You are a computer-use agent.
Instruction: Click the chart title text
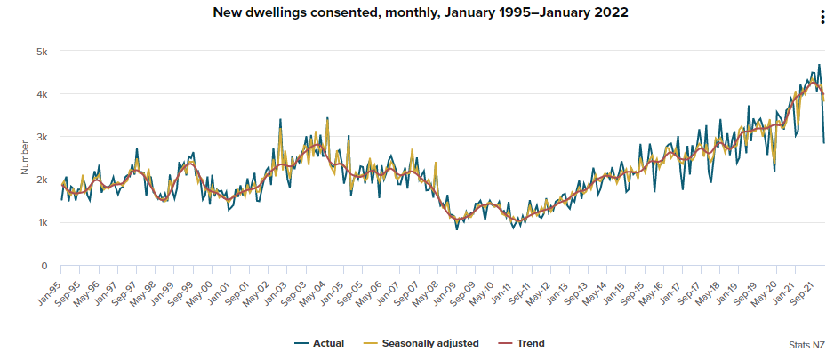point(417,13)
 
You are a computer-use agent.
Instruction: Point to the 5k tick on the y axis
point(41,52)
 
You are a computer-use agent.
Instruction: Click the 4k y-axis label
point(41,94)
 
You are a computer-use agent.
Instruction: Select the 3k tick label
point(41,137)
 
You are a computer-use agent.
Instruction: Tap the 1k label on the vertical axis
point(41,222)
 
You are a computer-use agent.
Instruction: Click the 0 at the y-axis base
point(44,265)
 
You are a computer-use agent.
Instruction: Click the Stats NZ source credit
point(805,345)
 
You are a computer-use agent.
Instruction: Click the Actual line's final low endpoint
point(824,142)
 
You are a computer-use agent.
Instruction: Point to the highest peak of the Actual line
point(819,65)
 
